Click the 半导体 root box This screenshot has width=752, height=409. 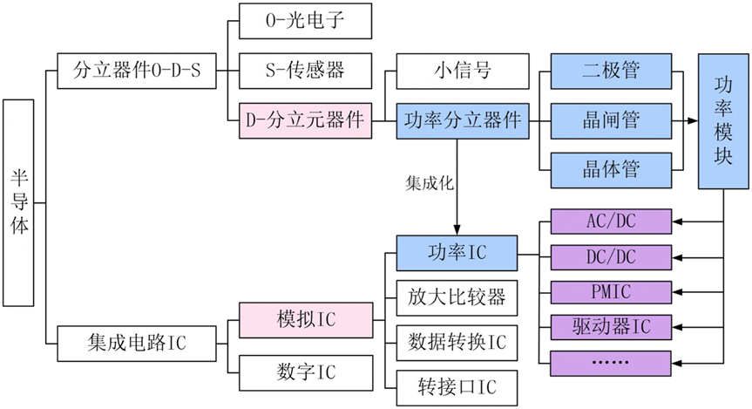coord(18,202)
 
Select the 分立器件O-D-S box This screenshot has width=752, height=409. coord(137,71)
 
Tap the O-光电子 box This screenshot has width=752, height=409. coord(306,21)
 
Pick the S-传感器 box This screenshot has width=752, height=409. coord(306,71)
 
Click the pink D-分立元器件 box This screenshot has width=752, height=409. coord(306,120)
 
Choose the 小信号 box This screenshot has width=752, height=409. coord(463,71)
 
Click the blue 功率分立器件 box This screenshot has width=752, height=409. coord(463,121)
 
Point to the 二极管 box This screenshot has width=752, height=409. coord(611,71)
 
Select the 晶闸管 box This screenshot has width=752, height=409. coord(611,121)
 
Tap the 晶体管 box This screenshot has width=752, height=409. coord(611,170)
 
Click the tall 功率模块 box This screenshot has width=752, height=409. coord(723,121)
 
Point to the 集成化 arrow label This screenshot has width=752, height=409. coord(430,183)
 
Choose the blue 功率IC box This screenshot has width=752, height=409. coord(457,253)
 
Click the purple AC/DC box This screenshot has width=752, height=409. coord(611,222)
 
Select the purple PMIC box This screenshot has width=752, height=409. coord(611,292)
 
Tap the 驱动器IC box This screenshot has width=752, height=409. coord(611,327)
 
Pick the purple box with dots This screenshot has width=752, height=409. coord(611,363)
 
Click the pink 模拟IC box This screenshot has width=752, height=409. coord(306,320)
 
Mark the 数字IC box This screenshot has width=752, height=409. coord(306,372)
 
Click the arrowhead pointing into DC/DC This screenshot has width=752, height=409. coord(677,258)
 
